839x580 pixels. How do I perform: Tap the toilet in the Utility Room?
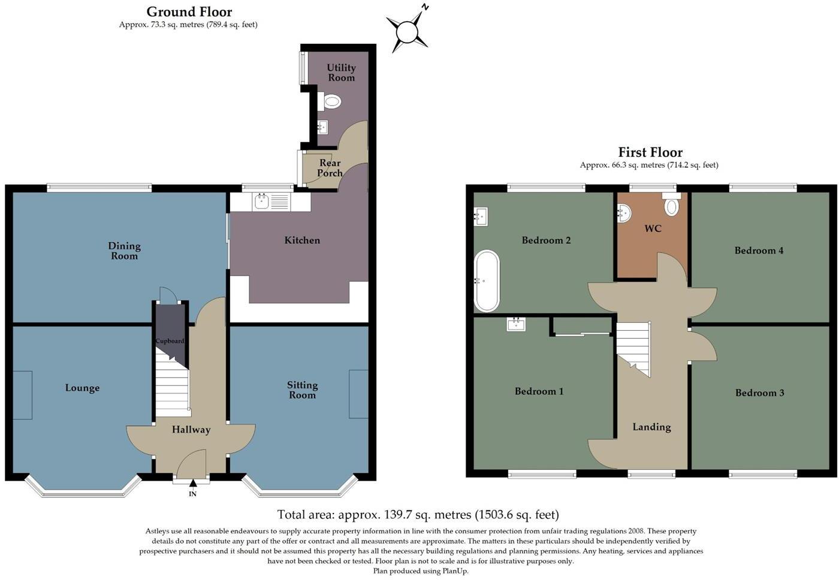(331, 101)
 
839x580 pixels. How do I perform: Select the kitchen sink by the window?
(262, 201)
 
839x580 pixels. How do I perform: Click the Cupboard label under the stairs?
(170, 341)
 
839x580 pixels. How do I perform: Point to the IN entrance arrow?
(193, 484)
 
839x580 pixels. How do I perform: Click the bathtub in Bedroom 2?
(486, 280)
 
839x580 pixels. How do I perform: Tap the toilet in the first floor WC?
(672, 206)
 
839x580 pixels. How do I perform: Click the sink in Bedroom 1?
(516, 324)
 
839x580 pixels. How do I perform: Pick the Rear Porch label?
(330, 168)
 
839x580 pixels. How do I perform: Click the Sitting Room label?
(302, 390)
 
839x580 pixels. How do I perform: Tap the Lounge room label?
(82, 388)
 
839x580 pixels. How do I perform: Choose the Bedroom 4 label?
(759, 250)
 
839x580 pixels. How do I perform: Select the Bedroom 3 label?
(759, 393)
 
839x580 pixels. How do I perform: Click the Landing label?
(651, 427)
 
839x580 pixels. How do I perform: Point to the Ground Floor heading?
(189, 11)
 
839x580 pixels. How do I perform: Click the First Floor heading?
(650, 152)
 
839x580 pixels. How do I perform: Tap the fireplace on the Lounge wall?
(23, 395)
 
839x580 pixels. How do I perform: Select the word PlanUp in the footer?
(454, 571)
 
